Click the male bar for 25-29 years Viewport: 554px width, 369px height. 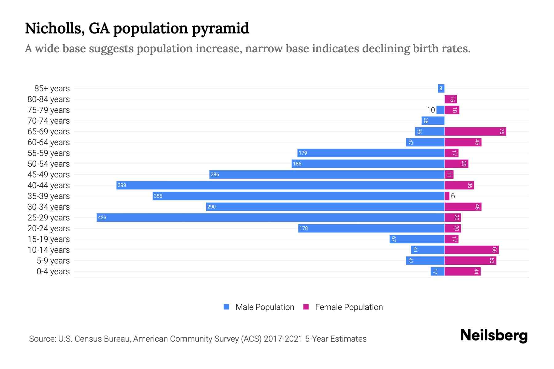(270, 217)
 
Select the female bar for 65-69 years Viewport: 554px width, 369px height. (475, 132)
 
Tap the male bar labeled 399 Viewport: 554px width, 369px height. (280, 185)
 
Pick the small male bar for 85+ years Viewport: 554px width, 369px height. (441, 89)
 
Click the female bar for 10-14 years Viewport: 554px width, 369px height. (471, 250)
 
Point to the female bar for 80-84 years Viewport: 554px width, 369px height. (451, 99)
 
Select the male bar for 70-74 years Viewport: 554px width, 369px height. (433, 121)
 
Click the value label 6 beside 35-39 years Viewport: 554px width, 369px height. (453, 196)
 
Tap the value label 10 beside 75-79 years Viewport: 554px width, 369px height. (431, 110)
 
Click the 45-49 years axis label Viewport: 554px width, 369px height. (49, 175)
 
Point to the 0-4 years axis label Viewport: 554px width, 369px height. (53, 272)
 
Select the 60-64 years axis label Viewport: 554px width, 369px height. (49, 142)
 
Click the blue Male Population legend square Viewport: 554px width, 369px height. (227, 307)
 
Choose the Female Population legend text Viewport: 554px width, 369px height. (349, 307)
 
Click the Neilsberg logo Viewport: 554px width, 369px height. (494, 335)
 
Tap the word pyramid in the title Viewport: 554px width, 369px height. (220, 28)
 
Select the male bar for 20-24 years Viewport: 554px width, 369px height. (371, 228)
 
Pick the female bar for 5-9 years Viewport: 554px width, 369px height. (470, 261)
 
